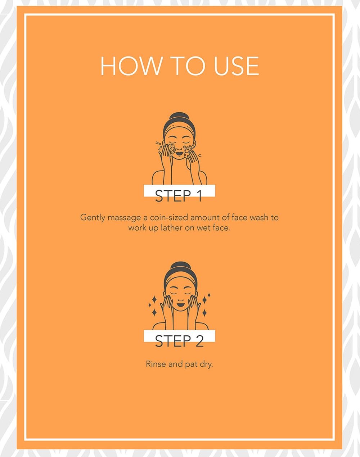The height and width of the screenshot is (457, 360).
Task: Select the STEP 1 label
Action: (x=179, y=196)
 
